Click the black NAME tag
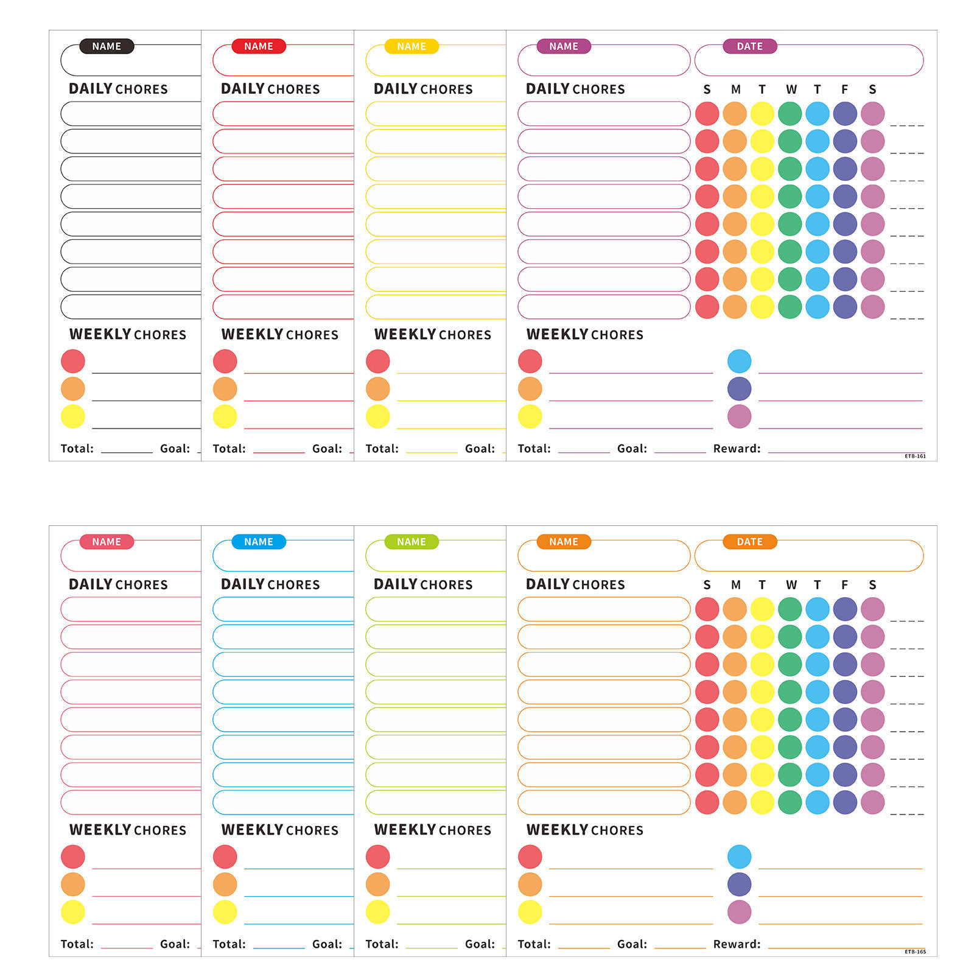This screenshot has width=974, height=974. tap(107, 46)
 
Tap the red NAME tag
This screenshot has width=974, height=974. tap(259, 46)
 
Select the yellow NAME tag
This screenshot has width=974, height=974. tap(412, 46)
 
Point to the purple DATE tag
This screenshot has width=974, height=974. tap(749, 46)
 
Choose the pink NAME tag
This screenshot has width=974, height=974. tap(107, 542)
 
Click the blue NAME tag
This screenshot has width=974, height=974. tap(259, 542)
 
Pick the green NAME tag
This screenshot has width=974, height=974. tap(412, 542)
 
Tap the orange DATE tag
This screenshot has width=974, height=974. tap(749, 542)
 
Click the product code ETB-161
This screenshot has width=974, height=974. tap(915, 456)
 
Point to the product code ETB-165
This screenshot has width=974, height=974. tap(915, 951)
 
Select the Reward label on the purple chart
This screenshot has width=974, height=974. tap(737, 449)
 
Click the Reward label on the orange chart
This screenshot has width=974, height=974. tap(737, 944)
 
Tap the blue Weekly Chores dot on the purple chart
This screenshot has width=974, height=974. tap(739, 361)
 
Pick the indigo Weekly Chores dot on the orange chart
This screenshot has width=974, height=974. tap(739, 885)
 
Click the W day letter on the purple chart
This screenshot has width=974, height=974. tap(791, 89)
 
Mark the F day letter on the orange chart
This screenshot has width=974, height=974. tap(844, 585)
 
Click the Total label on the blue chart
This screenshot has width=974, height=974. tap(229, 944)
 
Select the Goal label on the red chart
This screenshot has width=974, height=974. tap(327, 449)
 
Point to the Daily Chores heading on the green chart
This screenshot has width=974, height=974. tap(423, 584)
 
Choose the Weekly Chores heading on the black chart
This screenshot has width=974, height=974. tap(128, 334)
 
